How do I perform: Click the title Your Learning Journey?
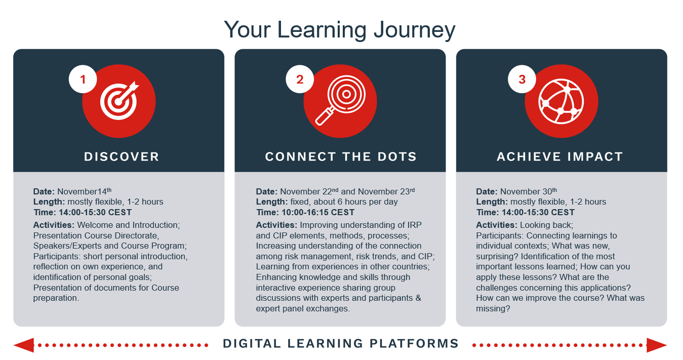coord(339,30)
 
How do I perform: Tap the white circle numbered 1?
coord(83,79)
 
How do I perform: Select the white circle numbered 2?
coord(300,79)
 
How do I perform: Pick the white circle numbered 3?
coord(521,79)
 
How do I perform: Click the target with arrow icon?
coord(119,101)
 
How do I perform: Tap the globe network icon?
coord(561,101)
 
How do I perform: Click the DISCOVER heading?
coord(122,156)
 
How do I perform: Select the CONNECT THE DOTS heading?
coord(341,156)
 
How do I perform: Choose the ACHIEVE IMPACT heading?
coord(560,156)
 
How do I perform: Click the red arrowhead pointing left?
coord(24,345)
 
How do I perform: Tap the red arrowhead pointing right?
coord(657,345)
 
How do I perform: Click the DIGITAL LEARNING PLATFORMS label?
coord(341,343)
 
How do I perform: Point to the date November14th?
coord(85,191)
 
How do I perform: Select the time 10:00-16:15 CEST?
coord(318,213)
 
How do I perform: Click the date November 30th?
coord(529,191)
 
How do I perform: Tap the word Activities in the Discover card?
coord(54,225)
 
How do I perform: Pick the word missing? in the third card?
coord(493,309)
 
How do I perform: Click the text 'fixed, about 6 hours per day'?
coord(344,202)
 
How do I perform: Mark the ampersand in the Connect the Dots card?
coord(418,298)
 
